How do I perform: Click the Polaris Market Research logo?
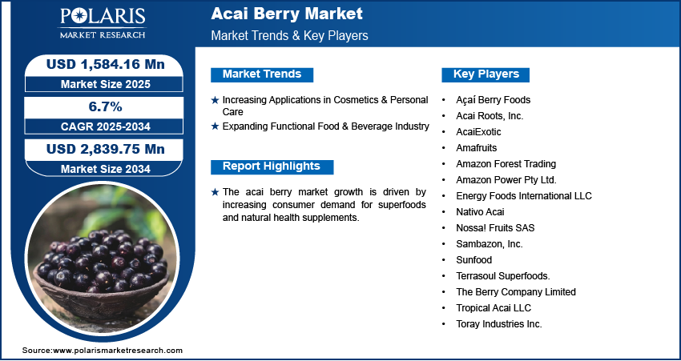[x=103, y=23]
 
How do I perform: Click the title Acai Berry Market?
[x=287, y=14]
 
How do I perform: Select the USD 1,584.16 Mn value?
[x=106, y=64]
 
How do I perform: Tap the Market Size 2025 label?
[x=106, y=84]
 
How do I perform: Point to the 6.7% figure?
[x=106, y=106]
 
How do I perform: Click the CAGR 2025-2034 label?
[x=106, y=126]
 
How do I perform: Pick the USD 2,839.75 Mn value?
[x=106, y=149]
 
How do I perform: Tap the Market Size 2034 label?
[x=106, y=169]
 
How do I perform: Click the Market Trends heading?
[x=262, y=74]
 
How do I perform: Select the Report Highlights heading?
[x=272, y=166]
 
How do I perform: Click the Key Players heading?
[x=486, y=74]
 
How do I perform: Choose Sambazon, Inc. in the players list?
[x=489, y=244]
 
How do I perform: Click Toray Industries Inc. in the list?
[x=499, y=324]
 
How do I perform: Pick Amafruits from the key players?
[x=477, y=148]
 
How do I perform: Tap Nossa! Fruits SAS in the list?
[x=495, y=228]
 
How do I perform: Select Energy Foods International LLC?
[x=524, y=196]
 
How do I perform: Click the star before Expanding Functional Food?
[x=215, y=126]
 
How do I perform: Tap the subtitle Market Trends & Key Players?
[x=290, y=35]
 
